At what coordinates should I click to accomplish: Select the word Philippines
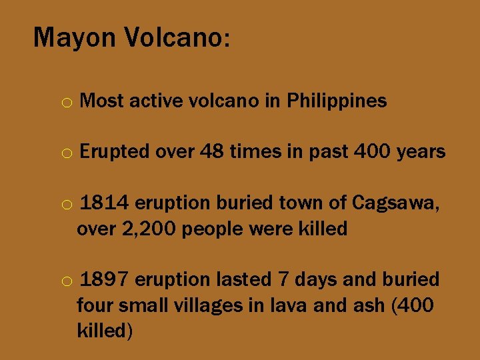tap(336, 101)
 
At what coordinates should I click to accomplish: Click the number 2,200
tap(147, 229)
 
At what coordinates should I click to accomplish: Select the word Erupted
tap(114, 152)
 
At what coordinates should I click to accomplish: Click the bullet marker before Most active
tap(67, 103)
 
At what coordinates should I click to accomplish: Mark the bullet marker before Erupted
tap(67, 154)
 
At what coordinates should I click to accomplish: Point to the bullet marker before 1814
tap(67, 205)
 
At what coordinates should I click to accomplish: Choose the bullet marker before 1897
tap(67, 281)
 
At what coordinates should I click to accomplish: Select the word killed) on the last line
tap(105, 331)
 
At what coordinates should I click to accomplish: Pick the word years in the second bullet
tap(421, 152)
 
